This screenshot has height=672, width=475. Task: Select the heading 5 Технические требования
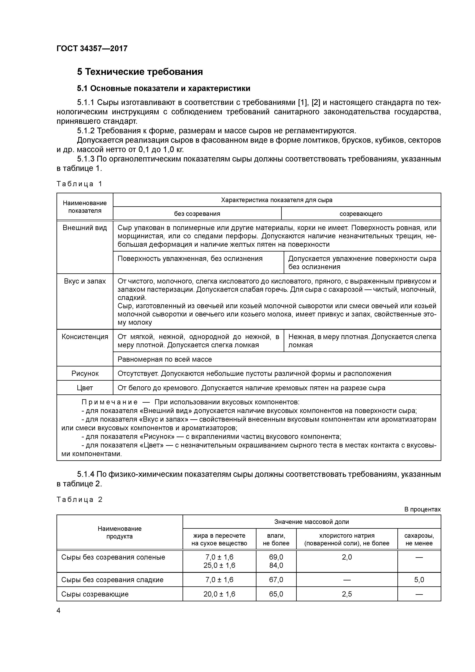tap(140, 72)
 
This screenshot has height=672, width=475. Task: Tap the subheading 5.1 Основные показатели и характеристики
tap(164, 88)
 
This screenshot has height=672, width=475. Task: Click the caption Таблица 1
tap(79, 184)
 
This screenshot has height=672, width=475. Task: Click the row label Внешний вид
tap(85, 228)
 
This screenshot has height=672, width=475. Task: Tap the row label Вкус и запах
tap(85, 281)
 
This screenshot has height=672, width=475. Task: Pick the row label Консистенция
tap(85, 337)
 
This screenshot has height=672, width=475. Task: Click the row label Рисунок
tap(85, 374)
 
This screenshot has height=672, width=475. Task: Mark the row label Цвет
tap(85, 388)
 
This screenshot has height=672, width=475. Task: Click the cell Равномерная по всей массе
tap(165, 359)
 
